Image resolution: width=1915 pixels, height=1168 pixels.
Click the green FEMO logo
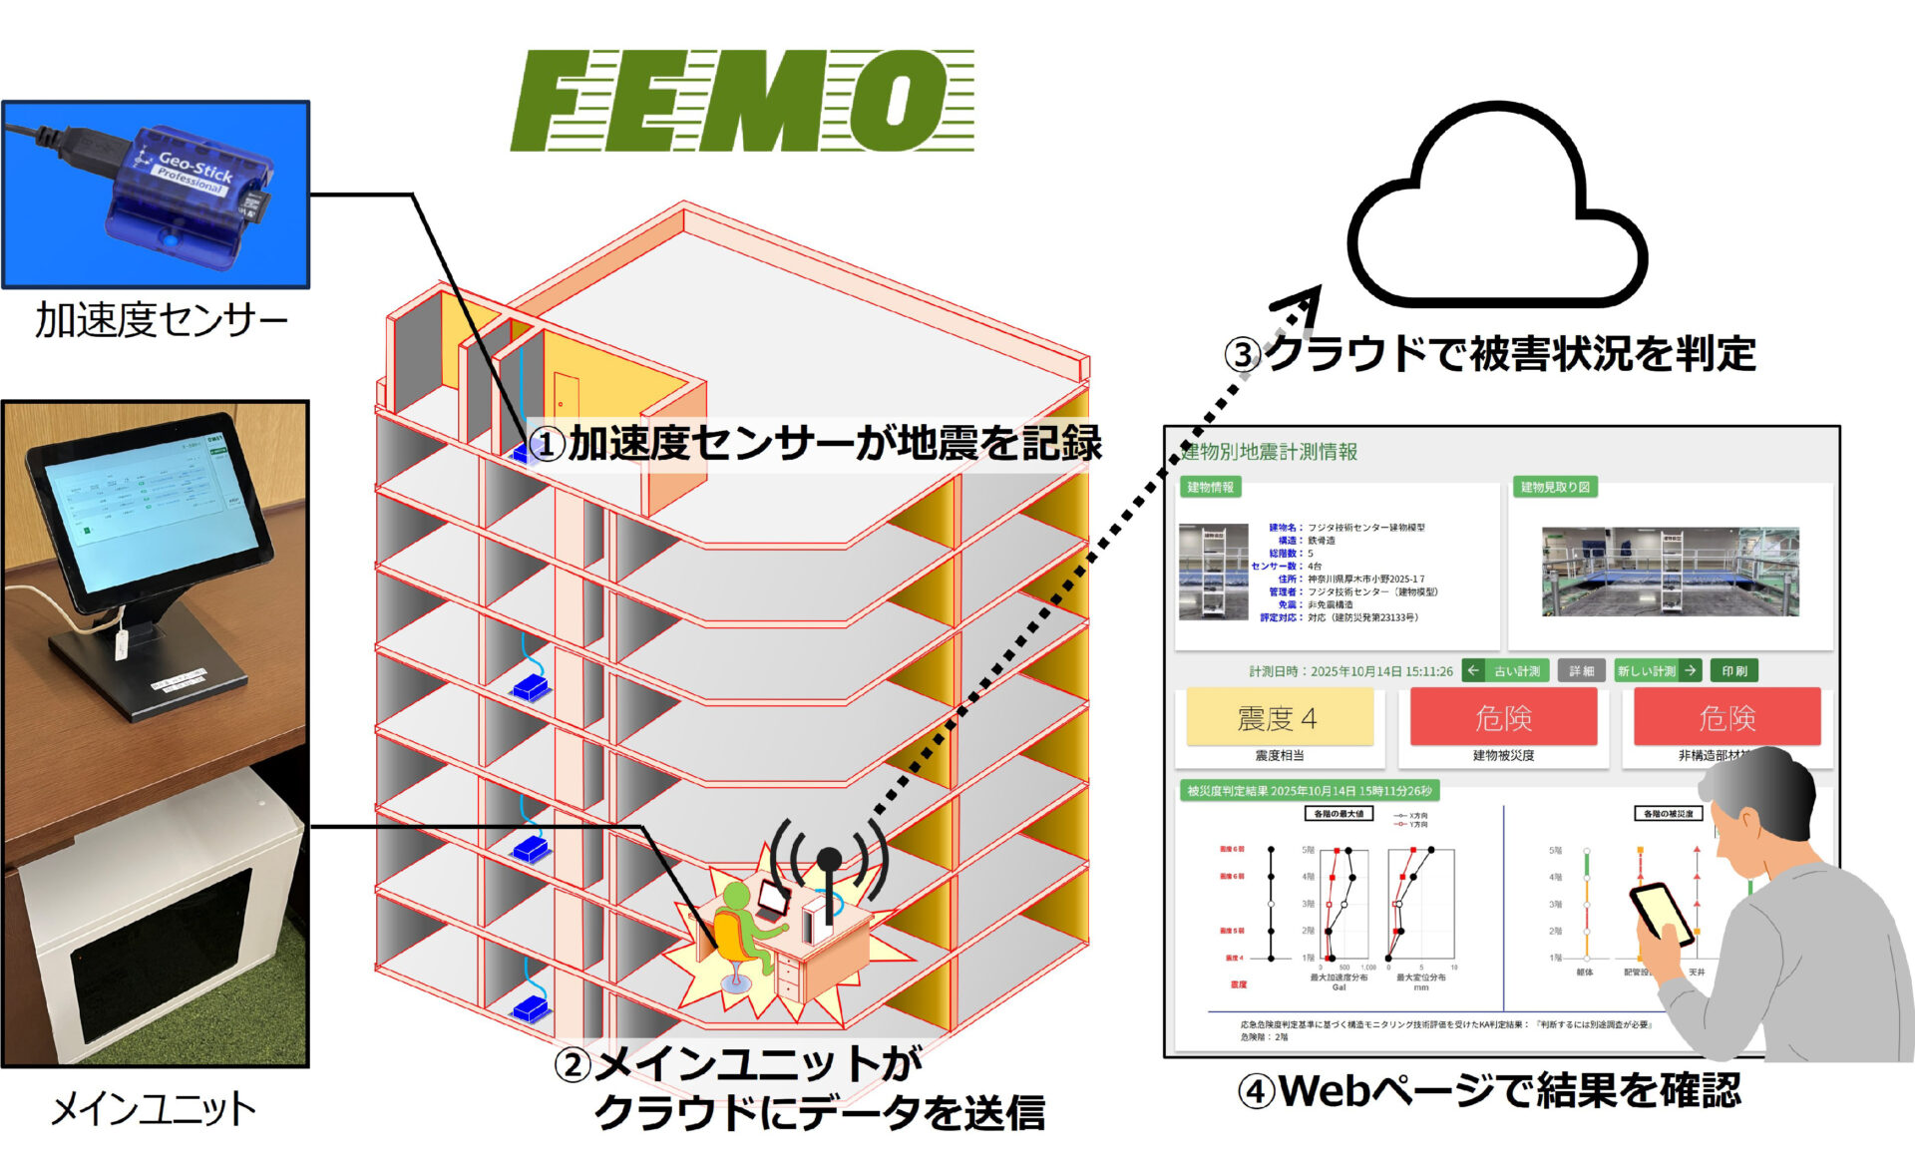pos(742,101)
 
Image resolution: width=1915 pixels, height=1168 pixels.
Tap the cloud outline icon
pos(1496,209)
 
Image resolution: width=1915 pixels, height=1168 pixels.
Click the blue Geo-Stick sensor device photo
pos(185,195)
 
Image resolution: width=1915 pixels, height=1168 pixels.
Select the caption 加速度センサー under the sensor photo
pos(161,320)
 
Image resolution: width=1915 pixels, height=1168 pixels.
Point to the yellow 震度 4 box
pos(1279,717)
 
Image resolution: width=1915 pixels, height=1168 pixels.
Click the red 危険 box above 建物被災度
pos(1503,717)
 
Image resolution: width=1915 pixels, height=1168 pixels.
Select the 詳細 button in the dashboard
pos(1582,671)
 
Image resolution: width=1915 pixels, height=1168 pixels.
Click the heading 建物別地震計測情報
pos(1269,452)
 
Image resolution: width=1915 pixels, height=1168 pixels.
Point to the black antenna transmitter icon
pos(829,858)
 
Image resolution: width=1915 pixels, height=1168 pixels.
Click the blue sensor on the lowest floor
pos(532,1008)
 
